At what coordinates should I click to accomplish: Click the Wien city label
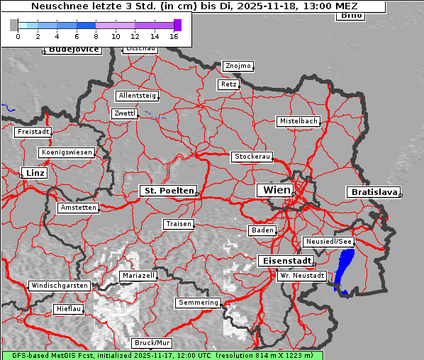point(277,190)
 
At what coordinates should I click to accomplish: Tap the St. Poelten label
point(167,191)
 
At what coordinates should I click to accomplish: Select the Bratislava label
point(372,192)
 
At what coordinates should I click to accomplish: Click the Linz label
point(33,173)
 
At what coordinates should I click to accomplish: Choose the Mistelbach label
point(298,121)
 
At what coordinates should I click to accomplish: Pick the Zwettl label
point(124,113)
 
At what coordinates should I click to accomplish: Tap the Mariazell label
point(138,275)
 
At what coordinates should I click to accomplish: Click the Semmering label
point(199,303)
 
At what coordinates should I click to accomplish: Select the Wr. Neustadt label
point(302,275)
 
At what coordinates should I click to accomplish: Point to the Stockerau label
point(252,157)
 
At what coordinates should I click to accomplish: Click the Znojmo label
point(238,66)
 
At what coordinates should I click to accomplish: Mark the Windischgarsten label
point(60,286)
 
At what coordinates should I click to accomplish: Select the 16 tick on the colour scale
point(174,36)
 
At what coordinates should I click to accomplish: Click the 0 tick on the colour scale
point(18,36)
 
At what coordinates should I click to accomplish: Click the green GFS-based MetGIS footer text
point(162,355)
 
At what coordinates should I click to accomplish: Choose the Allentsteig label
point(137,96)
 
